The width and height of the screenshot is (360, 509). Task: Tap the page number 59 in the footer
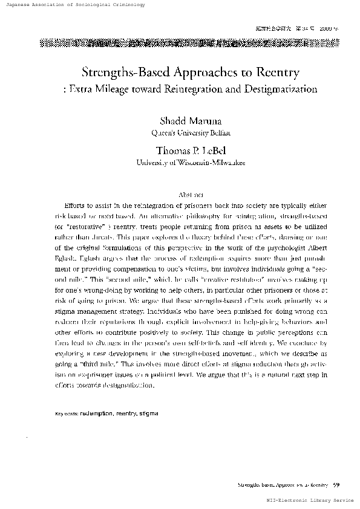coord(336,484)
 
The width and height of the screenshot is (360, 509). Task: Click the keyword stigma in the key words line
coord(148,414)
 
